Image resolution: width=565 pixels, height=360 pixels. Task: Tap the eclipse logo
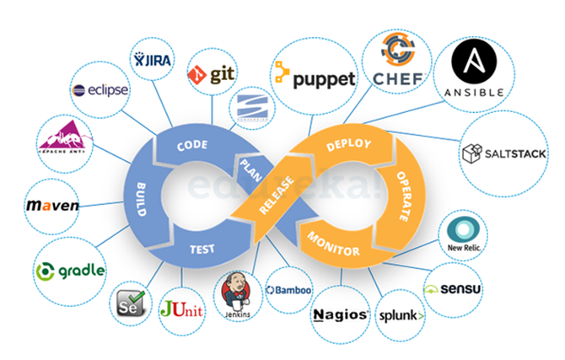[100, 89]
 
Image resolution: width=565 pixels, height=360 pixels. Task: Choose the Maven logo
[51, 206]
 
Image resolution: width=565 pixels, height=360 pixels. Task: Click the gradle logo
[71, 271]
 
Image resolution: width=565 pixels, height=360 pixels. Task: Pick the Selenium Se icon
[128, 301]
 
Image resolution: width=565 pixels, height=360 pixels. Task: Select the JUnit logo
[181, 309]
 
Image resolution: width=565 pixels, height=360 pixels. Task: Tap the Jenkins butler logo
[236, 295]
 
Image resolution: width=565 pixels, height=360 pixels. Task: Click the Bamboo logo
[288, 290]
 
